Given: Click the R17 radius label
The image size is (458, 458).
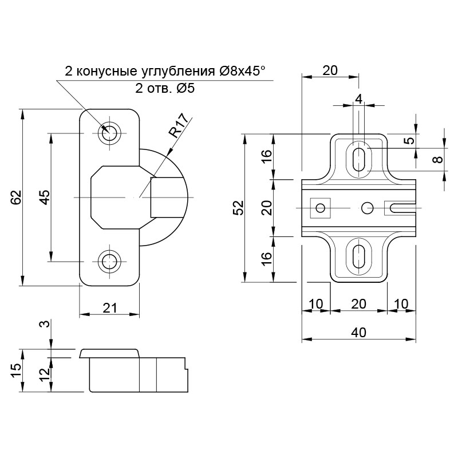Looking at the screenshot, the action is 179,126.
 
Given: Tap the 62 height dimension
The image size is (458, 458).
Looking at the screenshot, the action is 17,198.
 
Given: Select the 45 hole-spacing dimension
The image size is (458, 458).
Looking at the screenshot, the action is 45,197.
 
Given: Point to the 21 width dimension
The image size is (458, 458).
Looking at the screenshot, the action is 110,307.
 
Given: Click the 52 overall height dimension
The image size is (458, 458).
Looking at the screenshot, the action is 239,207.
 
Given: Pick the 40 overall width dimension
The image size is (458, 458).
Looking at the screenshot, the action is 358,332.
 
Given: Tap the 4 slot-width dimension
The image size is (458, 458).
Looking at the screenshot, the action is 358,99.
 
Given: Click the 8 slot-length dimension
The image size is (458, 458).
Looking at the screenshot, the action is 437,160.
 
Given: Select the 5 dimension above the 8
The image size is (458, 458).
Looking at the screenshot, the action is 410,140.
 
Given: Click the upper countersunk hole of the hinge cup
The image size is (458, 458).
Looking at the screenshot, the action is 109,133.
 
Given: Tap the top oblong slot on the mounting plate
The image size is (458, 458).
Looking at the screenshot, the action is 358,160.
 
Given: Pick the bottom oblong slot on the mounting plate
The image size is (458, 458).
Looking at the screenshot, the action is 358,256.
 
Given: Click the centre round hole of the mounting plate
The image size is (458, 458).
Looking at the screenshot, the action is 367,208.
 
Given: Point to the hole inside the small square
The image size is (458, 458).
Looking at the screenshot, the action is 321,208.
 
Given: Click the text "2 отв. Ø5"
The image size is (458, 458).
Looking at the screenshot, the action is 165,88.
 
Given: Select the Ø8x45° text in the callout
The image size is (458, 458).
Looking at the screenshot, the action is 242,71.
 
